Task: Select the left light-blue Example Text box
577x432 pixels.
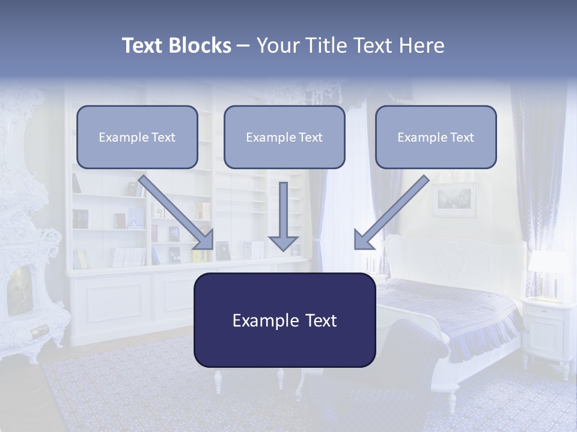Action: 137,137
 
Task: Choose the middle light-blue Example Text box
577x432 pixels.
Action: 284,137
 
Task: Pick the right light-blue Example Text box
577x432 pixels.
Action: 436,137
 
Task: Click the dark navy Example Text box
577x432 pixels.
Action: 284,320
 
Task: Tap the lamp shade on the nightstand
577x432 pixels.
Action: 548,262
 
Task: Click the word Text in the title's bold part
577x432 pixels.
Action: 142,46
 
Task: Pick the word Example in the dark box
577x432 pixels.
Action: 259,320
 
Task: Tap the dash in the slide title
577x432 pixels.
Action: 243,46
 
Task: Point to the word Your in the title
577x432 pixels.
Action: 278,46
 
